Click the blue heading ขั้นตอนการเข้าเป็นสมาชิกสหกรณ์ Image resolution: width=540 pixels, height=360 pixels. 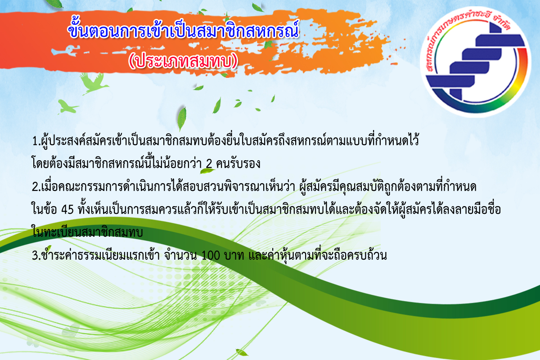183,30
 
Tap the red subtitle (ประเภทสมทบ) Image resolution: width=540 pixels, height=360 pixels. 183,61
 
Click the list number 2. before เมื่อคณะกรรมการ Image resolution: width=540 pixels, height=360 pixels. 36,187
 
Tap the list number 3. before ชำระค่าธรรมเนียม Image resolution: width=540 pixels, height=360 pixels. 36,256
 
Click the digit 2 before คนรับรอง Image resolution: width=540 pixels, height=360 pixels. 209,164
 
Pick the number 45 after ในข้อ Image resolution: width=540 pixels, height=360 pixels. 67,210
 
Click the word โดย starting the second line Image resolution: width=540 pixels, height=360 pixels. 40,163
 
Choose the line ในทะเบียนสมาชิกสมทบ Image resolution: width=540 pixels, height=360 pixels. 87,232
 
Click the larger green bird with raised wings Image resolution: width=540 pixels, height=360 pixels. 94,83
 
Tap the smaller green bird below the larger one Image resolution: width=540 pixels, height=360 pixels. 67,107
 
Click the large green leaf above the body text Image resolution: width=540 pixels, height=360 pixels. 182,119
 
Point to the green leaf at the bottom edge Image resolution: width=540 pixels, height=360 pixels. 242,353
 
